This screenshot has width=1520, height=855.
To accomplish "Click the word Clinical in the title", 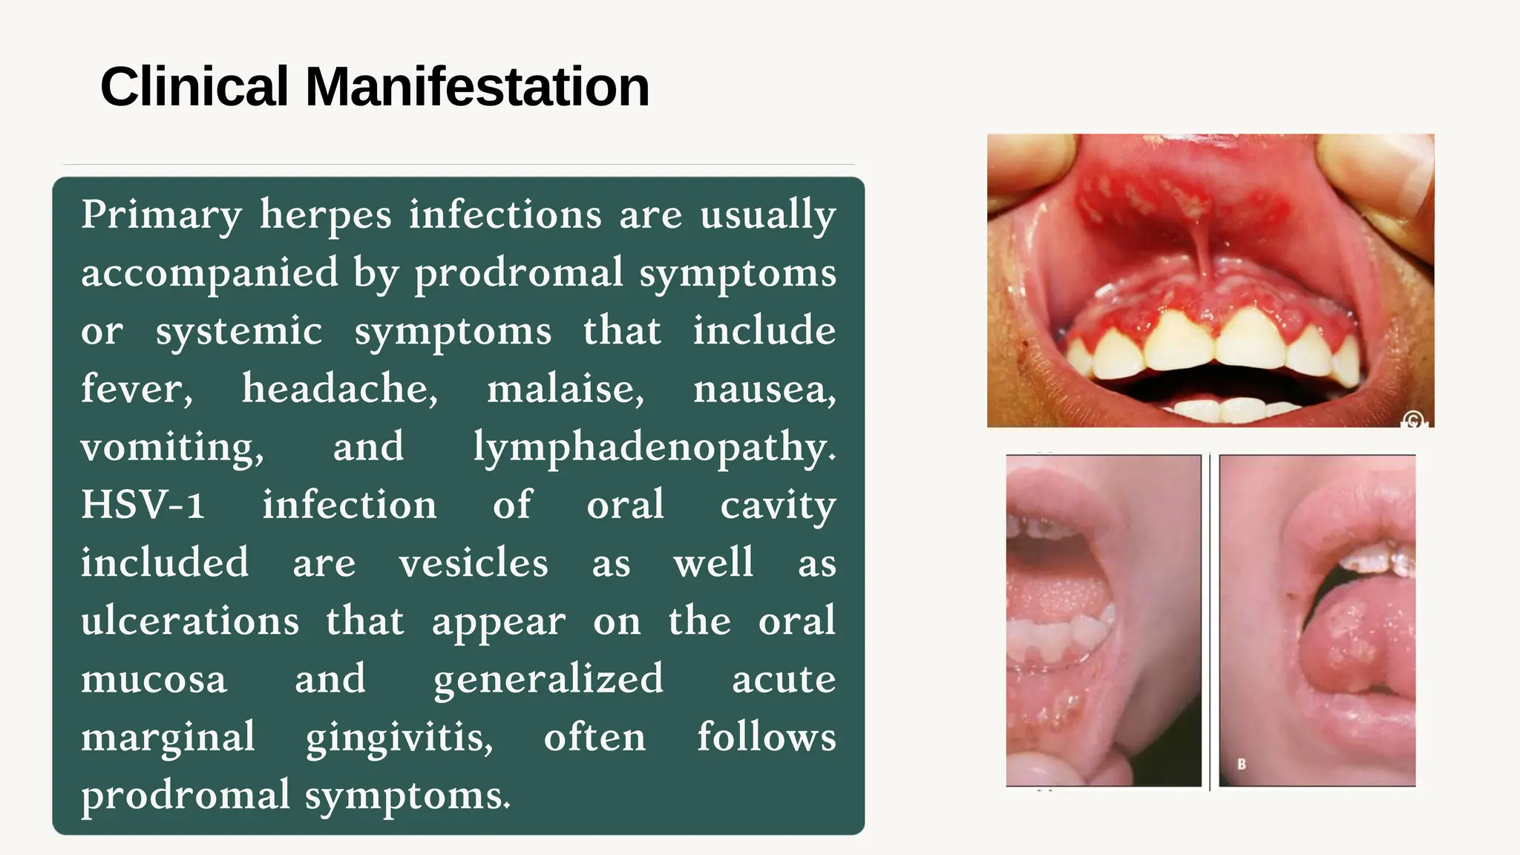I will [194, 87].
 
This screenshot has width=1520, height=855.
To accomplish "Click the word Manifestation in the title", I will [477, 87].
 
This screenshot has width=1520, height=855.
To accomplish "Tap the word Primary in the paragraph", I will [162, 215].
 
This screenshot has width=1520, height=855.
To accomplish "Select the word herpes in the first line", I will [325, 215].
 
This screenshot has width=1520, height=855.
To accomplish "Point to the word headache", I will [340, 389].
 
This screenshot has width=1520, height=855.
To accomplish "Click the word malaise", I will [566, 389].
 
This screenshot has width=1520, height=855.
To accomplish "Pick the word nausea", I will [764, 389].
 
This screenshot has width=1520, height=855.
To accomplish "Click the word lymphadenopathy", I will [655, 448].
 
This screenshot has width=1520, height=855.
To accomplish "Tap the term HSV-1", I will [142, 505].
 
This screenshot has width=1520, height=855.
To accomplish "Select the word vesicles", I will [474, 563].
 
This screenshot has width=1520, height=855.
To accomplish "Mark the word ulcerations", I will [190, 621].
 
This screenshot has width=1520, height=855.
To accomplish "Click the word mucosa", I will [154, 679].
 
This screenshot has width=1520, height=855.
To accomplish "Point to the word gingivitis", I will [399, 738].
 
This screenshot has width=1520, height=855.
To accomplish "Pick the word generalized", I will [548, 679].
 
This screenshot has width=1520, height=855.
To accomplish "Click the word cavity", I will [778, 505].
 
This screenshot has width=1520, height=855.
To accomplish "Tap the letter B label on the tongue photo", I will [1241, 764].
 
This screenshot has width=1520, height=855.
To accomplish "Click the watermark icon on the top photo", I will [1414, 420].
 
